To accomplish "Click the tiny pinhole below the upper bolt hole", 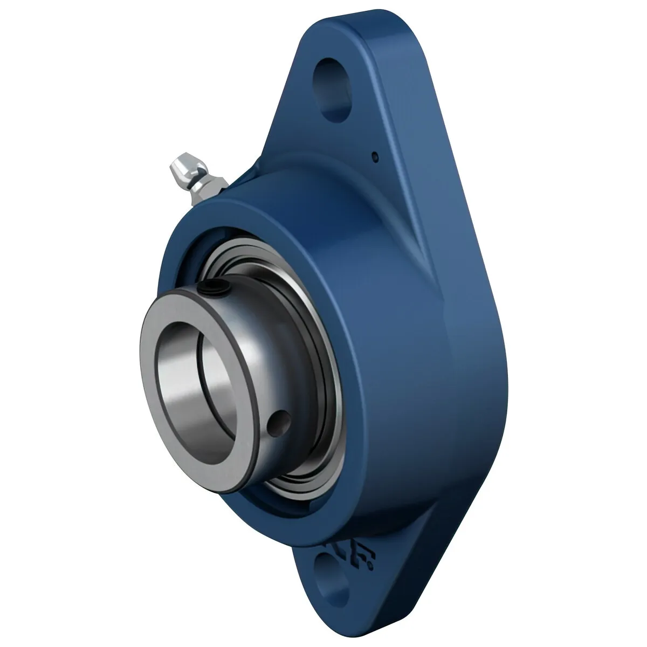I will pos(375,157).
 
